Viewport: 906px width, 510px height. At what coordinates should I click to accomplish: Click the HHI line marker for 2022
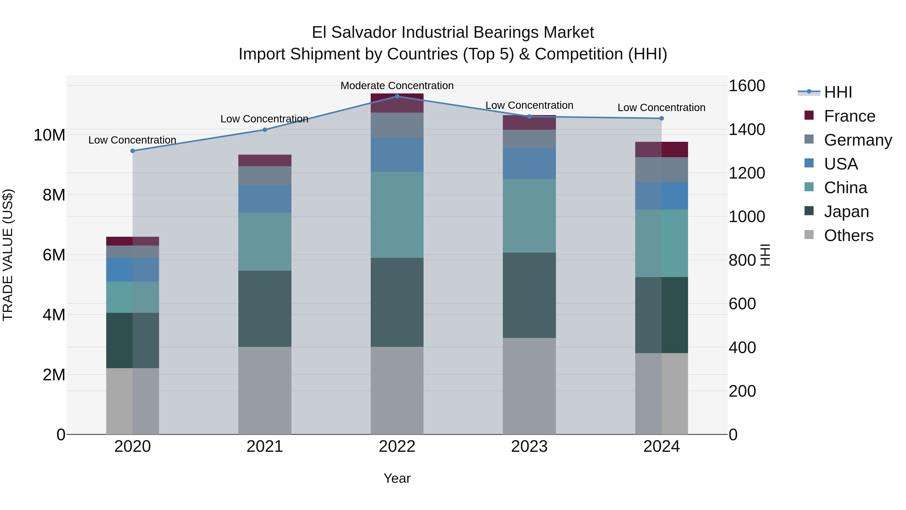[397, 96]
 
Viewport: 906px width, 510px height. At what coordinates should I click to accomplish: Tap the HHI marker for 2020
[133, 151]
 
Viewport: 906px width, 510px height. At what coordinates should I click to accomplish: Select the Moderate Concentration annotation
[397, 86]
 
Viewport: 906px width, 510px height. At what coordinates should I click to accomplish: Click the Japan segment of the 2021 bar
[265, 309]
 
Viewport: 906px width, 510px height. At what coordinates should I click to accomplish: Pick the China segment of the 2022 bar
[397, 215]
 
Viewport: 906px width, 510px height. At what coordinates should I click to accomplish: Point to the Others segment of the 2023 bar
[529, 386]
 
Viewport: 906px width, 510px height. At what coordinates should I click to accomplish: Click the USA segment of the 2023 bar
[529, 164]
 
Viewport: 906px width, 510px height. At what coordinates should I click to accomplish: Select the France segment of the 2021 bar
[265, 160]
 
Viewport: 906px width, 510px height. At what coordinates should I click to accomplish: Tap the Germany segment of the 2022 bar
[397, 125]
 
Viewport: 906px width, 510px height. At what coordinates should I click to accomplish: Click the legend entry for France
[849, 116]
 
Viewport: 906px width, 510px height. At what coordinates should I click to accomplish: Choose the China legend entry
[845, 188]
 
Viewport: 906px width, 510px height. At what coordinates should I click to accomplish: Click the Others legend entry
[848, 235]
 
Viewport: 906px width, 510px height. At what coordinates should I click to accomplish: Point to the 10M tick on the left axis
[49, 135]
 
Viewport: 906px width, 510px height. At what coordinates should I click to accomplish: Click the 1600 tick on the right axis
[746, 86]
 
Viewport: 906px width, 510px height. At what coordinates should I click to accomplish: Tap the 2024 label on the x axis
[661, 447]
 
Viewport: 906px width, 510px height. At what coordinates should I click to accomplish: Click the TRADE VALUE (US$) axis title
[8, 255]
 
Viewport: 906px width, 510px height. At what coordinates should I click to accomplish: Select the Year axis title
[397, 478]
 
